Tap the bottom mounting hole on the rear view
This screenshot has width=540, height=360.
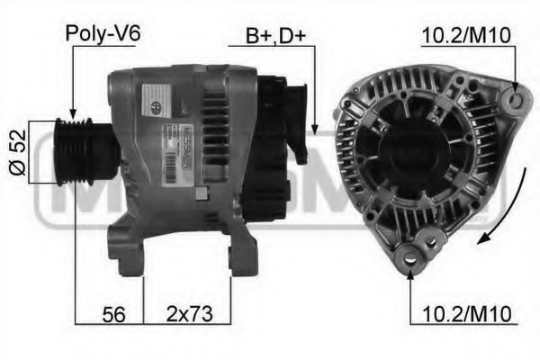pos(411,258)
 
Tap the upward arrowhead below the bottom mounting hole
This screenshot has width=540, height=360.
pos(411,274)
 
